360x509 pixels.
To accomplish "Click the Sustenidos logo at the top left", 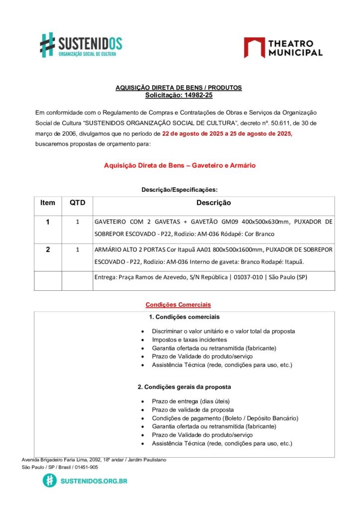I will click(x=81, y=44).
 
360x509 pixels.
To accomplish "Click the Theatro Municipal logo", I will click(x=283, y=48).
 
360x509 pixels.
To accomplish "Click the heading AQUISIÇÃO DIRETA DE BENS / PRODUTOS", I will click(x=179, y=87).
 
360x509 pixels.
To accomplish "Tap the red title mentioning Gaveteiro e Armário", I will click(x=180, y=166).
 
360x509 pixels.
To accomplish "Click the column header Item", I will click(x=48, y=203).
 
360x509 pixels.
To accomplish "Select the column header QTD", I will click(x=77, y=203).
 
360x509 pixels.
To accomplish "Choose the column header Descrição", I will click(x=213, y=203).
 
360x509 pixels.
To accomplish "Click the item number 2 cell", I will click(x=48, y=250).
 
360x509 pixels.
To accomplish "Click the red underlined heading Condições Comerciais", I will click(x=179, y=305).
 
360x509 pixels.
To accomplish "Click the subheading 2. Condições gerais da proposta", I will click(x=184, y=386).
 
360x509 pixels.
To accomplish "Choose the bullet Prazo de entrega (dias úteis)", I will click(x=191, y=401).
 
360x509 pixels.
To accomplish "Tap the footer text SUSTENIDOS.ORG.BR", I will click(x=93, y=481).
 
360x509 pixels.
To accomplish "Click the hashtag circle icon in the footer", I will click(x=50, y=480).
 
